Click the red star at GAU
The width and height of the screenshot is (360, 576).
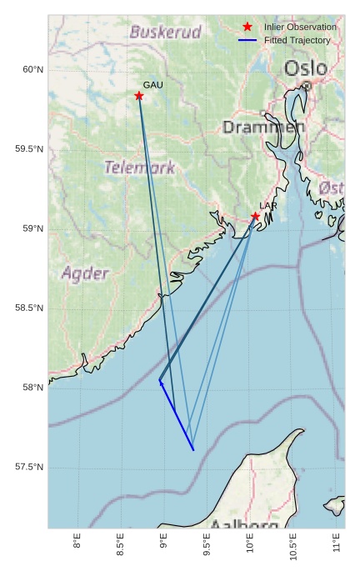(x=139, y=96)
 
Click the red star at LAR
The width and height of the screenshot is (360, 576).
(x=256, y=217)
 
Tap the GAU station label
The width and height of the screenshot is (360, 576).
(x=152, y=85)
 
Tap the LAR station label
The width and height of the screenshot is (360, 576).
(x=268, y=206)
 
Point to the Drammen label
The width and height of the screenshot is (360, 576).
(x=263, y=128)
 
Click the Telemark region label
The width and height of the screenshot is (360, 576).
(x=139, y=168)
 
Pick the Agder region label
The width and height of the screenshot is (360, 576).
(x=85, y=273)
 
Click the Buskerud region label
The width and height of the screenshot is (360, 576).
(x=166, y=33)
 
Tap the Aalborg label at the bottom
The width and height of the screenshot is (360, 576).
(x=244, y=525)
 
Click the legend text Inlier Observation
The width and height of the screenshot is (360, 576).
(x=300, y=28)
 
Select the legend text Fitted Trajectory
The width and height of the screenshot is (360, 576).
(x=297, y=40)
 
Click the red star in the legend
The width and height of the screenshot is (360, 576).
(x=247, y=28)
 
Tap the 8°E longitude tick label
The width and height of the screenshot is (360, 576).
(x=77, y=543)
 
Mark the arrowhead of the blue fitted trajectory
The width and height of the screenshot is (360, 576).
(x=160, y=381)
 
